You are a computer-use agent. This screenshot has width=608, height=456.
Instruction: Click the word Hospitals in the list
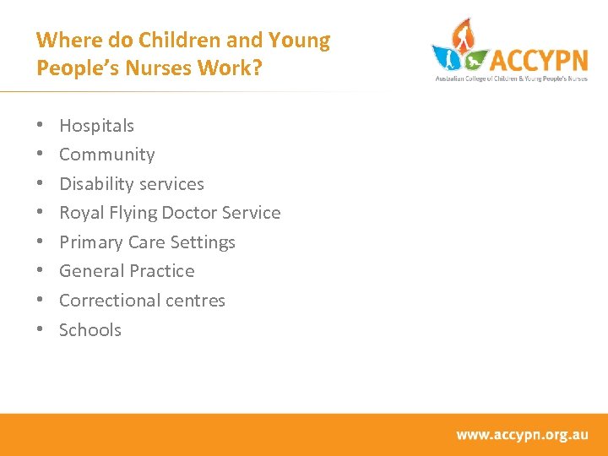coord(96,126)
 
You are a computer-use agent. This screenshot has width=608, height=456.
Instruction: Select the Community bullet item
coord(106,155)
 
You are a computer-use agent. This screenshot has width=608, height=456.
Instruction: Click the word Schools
coord(90,330)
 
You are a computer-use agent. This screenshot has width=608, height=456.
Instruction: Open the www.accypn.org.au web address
coord(522,435)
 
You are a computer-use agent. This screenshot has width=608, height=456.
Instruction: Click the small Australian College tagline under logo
coord(510,79)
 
